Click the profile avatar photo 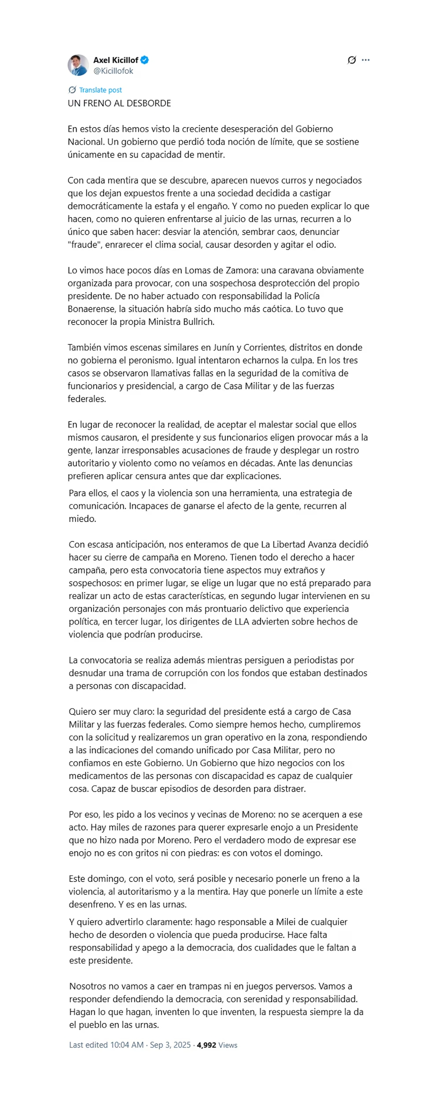78,65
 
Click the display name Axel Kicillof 115,60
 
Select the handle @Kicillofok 113,71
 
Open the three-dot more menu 366,60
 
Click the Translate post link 100,90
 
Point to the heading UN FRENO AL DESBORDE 119,103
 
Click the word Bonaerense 90,309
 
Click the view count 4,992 207,1045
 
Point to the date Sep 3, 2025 170,1045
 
